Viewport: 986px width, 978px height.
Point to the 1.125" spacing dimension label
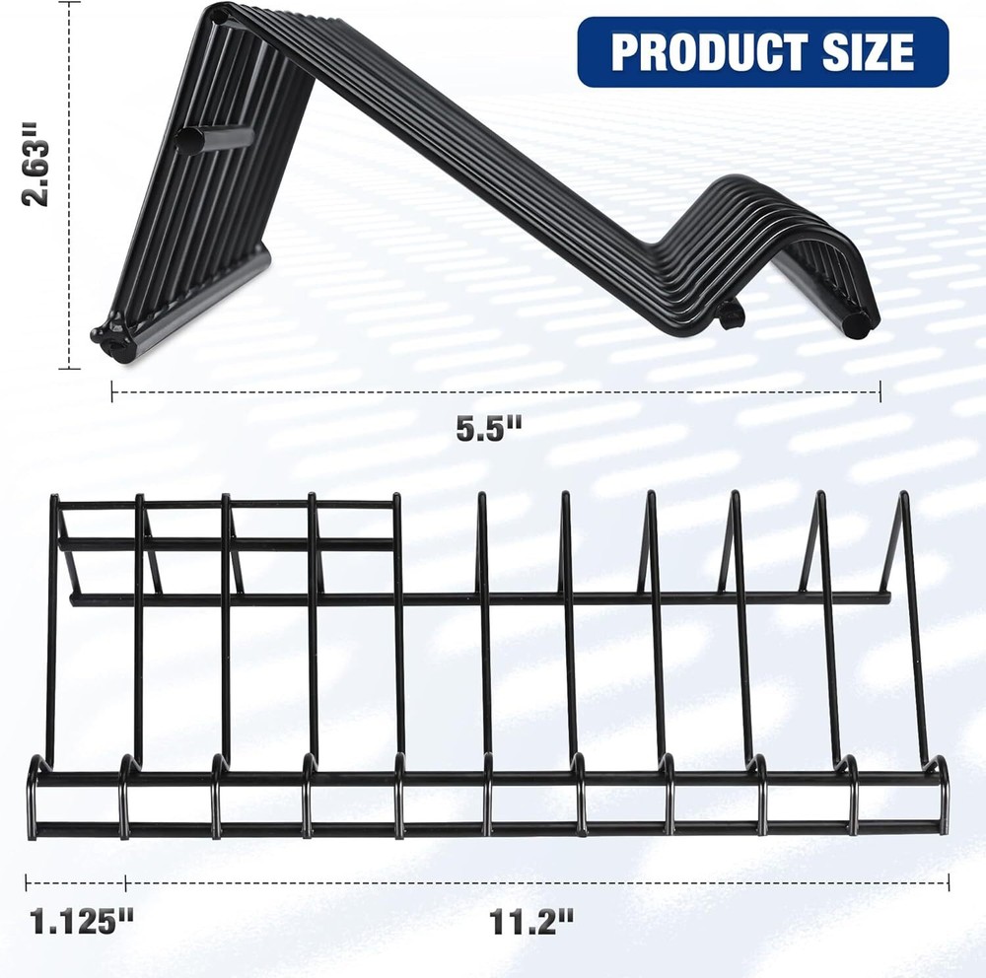[x=81, y=924]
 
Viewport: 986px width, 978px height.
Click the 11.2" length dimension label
[x=531, y=924]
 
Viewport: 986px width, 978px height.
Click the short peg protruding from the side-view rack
[x=213, y=137]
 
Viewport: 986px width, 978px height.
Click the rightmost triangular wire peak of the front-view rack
[x=901, y=503]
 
